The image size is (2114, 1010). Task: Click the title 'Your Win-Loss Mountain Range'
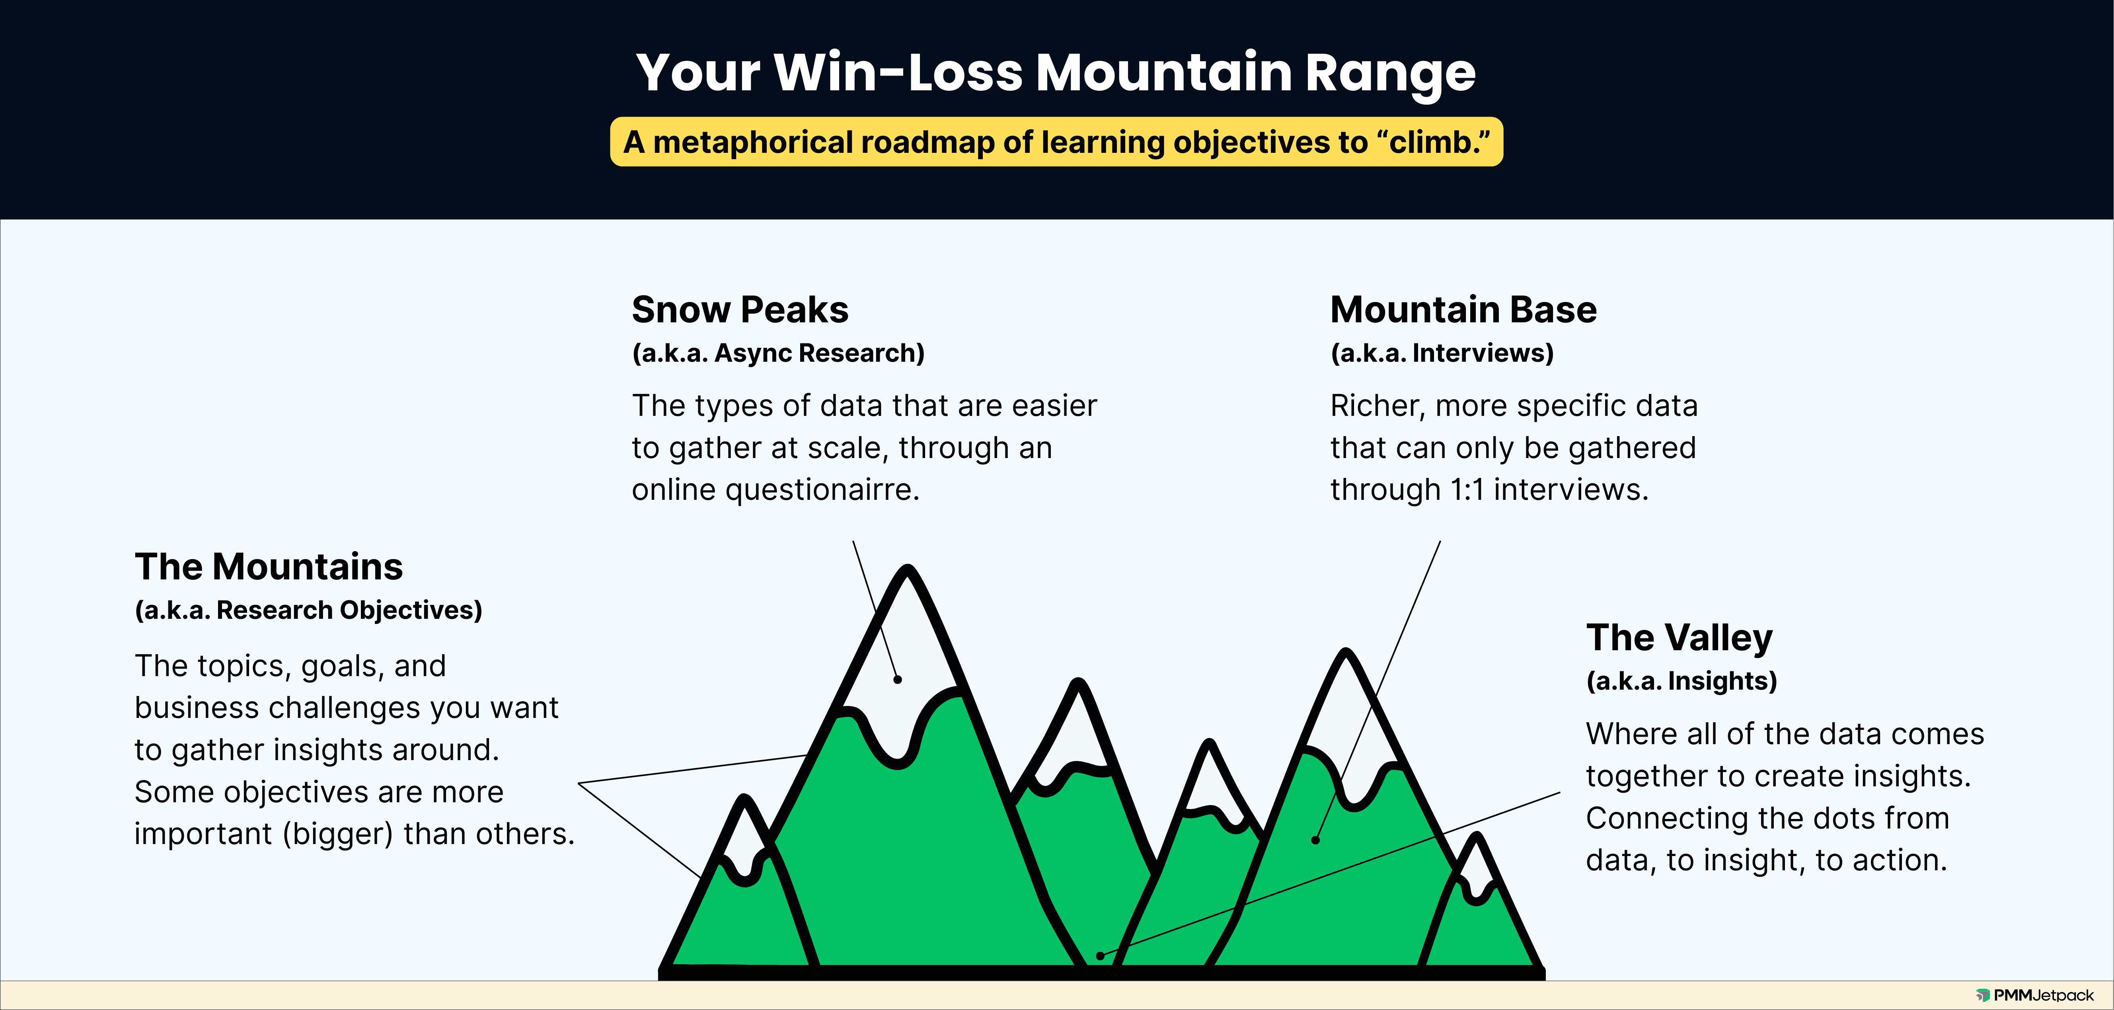click(1056, 73)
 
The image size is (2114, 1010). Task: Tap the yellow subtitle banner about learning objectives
click(1056, 142)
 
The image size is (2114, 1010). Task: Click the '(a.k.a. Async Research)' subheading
click(778, 353)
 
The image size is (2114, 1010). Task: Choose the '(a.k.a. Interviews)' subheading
click(1442, 353)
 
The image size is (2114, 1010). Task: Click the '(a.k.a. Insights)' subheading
click(1681, 681)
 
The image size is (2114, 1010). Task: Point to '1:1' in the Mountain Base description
click(1467, 490)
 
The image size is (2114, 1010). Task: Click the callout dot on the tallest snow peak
click(898, 679)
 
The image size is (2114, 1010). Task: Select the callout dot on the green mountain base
click(1315, 840)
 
